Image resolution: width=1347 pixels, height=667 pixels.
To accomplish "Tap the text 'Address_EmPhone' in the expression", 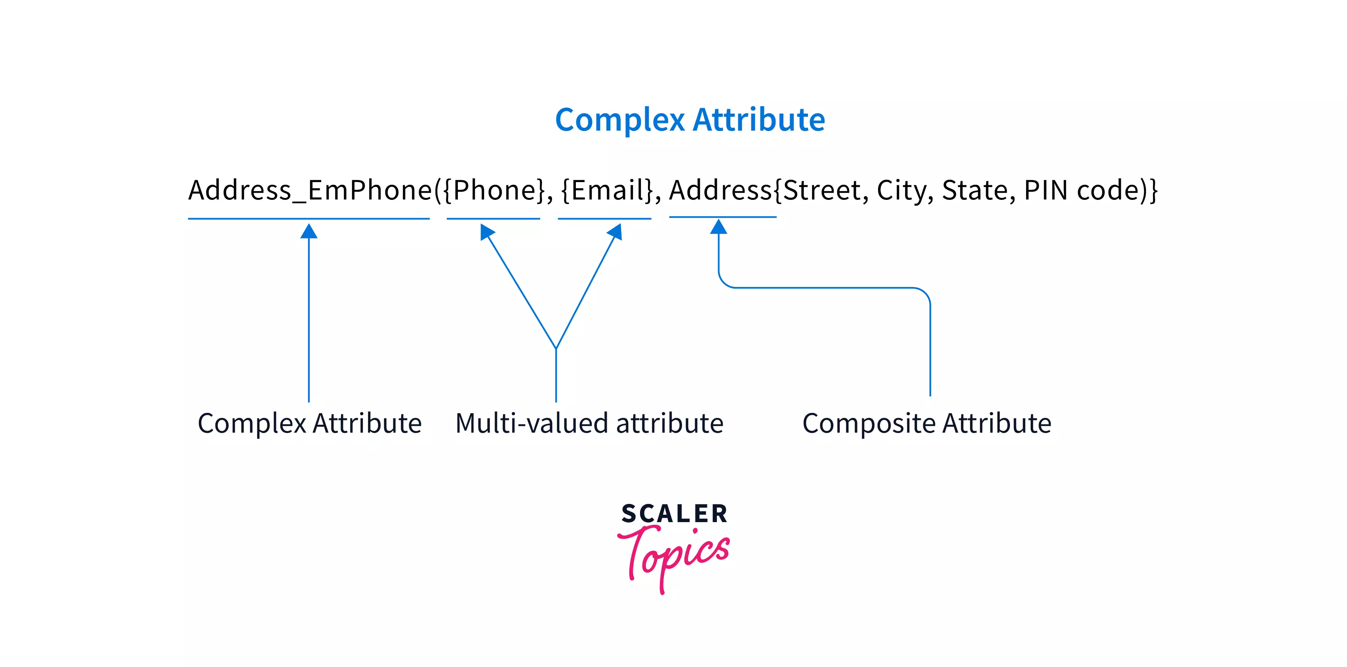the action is pos(310,190).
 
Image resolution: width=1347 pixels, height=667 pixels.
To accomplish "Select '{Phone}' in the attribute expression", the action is pos(493,190).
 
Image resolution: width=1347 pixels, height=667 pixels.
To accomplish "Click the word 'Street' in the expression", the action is pos(821,190).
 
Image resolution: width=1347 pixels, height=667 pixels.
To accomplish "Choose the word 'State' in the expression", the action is pos(975,190).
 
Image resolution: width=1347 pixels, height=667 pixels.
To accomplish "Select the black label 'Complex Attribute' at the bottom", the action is pos(310,424).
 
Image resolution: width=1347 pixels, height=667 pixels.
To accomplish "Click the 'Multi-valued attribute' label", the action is pos(589,424).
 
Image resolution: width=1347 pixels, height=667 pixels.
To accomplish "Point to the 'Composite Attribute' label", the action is pos(927,424).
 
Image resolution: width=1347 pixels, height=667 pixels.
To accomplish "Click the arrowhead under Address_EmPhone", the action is pos(309,231).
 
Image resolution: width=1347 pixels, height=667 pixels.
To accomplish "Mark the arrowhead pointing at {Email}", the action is pos(616,231).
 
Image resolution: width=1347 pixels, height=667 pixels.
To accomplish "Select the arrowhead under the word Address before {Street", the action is pos(718,226).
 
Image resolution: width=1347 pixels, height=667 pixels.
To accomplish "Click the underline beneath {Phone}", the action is pos(493,219).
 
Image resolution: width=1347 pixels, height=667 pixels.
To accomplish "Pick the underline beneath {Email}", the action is pos(604,219).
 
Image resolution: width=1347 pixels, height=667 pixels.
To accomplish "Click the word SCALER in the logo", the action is pos(674,514).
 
